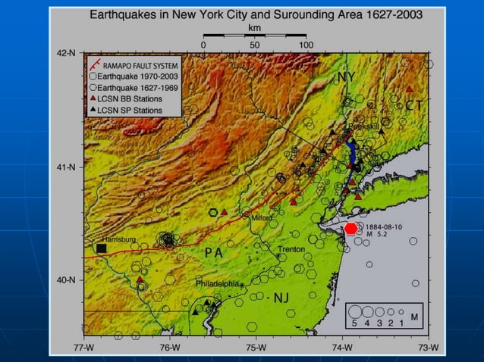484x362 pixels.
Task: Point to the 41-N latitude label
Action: tap(67, 167)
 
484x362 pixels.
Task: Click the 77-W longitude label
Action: tap(84, 348)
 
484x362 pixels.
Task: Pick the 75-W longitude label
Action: tap(256, 348)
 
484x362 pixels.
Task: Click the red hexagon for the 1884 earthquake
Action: tap(350, 228)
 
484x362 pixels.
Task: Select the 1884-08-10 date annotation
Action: tap(385, 226)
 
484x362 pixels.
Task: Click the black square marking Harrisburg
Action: tap(101, 248)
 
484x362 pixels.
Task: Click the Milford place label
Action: tap(261, 217)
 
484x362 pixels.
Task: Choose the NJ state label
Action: tap(282, 297)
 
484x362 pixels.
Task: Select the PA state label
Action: tap(212, 253)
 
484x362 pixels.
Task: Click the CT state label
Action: tap(413, 105)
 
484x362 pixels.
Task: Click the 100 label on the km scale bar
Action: tap(306, 45)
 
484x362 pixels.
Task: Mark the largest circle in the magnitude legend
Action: tap(354, 311)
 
